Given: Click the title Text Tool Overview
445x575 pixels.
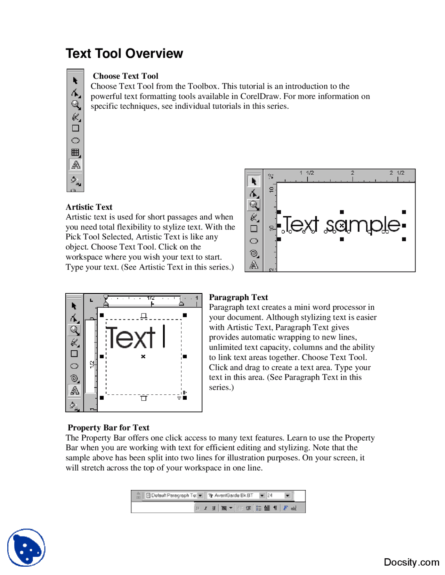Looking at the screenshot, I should click(x=124, y=53).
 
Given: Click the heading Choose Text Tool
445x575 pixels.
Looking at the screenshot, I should click(x=126, y=76).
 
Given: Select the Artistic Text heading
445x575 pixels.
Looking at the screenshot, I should click(x=89, y=207).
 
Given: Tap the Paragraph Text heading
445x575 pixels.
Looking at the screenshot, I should click(x=238, y=297).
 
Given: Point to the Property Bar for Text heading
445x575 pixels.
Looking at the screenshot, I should click(x=108, y=427).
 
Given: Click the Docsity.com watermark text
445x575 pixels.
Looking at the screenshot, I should click(x=411, y=562).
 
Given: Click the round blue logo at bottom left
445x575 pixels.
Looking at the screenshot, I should click(x=26, y=548).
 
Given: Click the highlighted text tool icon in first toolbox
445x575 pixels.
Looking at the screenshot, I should click(x=75, y=165).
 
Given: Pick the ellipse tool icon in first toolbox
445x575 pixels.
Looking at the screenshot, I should click(x=75, y=141).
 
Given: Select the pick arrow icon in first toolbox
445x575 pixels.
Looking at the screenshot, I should click(x=75, y=81).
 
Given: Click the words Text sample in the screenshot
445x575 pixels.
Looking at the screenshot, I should click(x=342, y=224).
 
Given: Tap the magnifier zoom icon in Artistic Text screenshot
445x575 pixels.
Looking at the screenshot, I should click(x=254, y=205).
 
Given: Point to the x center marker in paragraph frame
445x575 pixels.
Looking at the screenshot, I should click(x=143, y=357).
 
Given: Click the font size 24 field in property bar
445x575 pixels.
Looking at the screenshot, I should click(x=275, y=495).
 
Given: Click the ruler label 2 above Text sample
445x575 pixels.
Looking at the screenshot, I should click(x=352, y=173).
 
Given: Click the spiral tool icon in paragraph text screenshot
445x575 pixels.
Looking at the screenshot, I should click(x=74, y=378).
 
